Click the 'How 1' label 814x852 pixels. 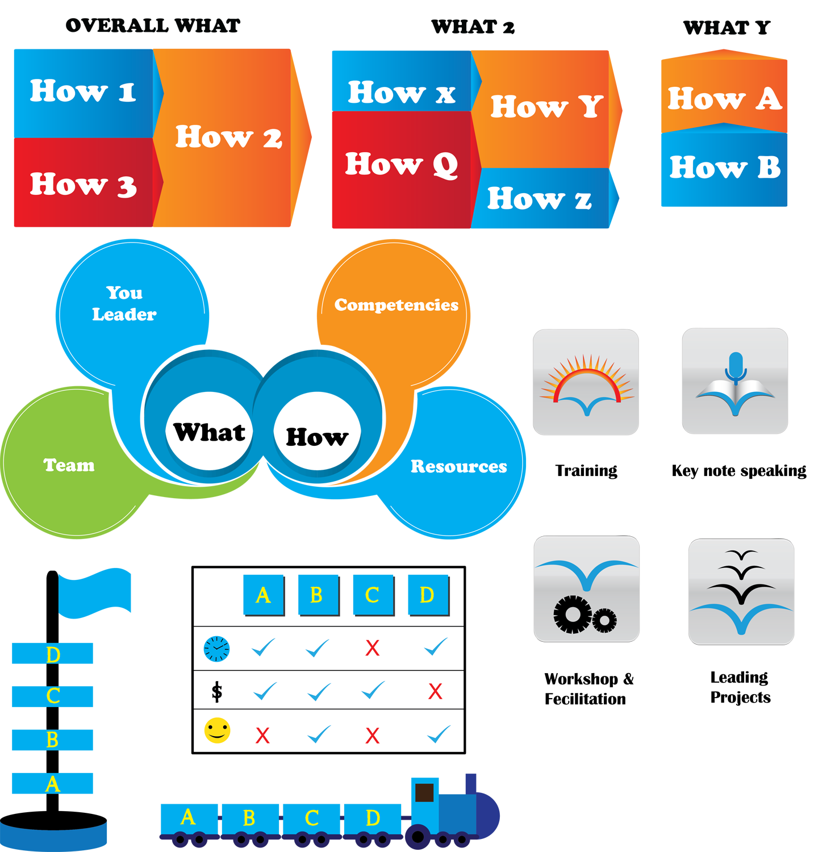pos(83,91)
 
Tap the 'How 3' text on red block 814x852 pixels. pos(83,185)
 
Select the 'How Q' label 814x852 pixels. pos(401,165)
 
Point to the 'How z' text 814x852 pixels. pos(539,199)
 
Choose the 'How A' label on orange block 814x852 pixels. pos(724,99)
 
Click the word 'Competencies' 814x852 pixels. pos(396,305)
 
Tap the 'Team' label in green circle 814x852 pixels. pos(69,465)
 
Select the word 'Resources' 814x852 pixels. pos(458,466)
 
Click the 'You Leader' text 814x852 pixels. pos(124,303)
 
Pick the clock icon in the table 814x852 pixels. pos(216,649)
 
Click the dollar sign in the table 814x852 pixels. pos(216,692)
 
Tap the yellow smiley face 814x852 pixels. pos(217,730)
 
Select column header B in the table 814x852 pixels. pos(317,595)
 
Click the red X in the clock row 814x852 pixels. pos(372,648)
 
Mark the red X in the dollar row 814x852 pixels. pos(435,691)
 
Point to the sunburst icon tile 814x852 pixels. pos(586,382)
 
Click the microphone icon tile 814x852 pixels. pos(735,381)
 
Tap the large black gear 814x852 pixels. pos(572,614)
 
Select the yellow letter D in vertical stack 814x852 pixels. pos(53,655)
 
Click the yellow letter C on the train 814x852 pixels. pos(311,818)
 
